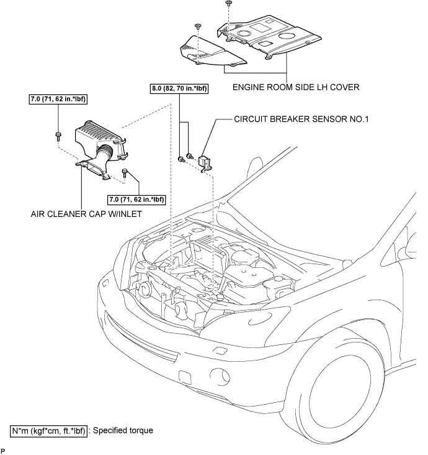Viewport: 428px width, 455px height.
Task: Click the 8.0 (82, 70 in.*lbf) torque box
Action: point(179,89)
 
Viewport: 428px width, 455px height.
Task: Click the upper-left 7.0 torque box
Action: point(57,99)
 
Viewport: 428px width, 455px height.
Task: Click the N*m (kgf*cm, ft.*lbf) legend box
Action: point(48,430)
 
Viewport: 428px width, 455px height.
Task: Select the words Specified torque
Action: point(123,430)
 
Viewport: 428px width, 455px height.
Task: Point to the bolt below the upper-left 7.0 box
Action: point(58,134)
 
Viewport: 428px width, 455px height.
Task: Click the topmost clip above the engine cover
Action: point(228,3)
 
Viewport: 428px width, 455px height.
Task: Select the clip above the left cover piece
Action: point(198,25)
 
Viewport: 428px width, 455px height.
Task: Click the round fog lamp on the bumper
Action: point(220,377)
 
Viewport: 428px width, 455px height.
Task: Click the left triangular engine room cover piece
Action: point(211,52)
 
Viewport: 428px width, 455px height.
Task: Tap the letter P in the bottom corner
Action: point(3,449)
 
